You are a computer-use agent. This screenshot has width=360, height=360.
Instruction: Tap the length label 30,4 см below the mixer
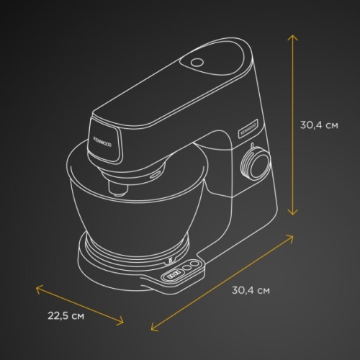click(251, 290)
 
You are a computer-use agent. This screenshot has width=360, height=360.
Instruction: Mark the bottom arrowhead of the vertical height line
click(292, 213)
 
